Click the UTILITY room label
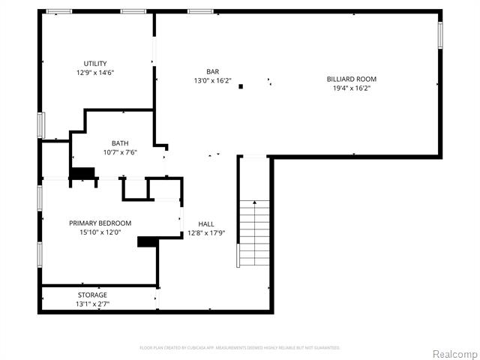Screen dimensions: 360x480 pos(94,63)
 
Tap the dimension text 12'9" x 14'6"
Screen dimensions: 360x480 pos(94,73)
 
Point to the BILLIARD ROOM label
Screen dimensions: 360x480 pos(351,79)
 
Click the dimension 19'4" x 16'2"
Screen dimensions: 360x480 pos(351,88)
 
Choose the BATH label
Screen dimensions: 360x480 pos(120,143)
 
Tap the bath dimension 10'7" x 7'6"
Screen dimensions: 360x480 pos(120,152)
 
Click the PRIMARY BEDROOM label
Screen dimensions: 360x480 pos(100,223)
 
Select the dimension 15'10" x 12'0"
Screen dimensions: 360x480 pos(100,232)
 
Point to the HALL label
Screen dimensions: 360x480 pos(206,224)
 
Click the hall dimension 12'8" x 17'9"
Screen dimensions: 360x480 pos(206,233)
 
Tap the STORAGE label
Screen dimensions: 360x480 pos(92,295)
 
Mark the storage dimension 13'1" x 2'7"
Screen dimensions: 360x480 pos(92,304)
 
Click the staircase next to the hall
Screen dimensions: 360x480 pos(253,232)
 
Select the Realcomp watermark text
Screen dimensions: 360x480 pos(453,353)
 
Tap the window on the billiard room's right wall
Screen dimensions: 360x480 pos(440,35)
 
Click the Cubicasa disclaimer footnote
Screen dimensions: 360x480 pos(240,348)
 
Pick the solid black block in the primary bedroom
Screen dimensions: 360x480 pos(148,241)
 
